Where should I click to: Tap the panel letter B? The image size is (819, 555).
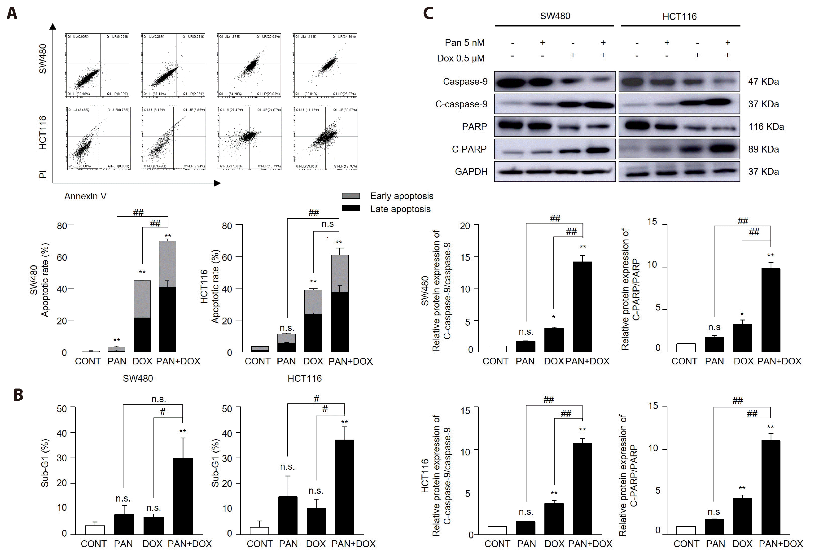click(x=18, y=395)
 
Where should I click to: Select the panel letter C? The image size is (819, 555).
click(x=428, y=13)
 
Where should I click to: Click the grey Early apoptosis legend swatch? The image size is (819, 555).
click(x=351, y=196)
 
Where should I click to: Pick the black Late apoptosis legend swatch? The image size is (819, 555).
click(x=351, y=208)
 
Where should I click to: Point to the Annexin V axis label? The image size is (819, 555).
click(x=85, y=196)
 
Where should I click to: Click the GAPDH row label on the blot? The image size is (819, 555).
click(x=471, y=172)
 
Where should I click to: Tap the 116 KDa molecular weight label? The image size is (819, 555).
click(x=766, y=127)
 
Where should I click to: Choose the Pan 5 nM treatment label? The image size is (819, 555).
click(x=464, y=43)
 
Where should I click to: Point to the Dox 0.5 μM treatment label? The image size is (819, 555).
click(x=461, y=58)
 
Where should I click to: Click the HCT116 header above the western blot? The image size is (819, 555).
click(x=679, y=17)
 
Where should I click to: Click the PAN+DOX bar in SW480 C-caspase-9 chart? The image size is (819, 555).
click(x=582, y=306)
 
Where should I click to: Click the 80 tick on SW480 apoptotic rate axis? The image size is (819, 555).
click(x=62, y=226)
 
